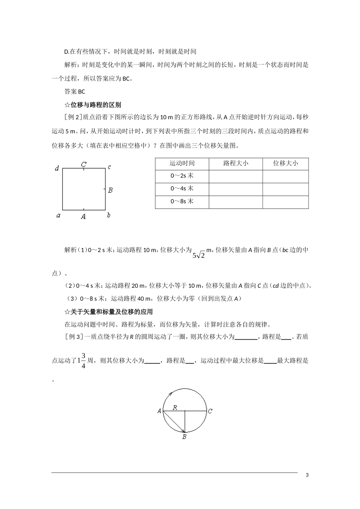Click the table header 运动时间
click(182, 163)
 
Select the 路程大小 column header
click(236, 163)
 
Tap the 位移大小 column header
click(285, 163)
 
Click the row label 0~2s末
click(182, 176)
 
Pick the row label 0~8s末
click(182, 201)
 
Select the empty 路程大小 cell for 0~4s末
click(236, 189)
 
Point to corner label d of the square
click(57, 168)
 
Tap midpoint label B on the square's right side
click(110, 190)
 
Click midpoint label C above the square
click(84, 164)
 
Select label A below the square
click(83, 217)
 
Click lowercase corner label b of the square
click(109, 215)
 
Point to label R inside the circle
click(175, 408)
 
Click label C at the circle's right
click(210, 411)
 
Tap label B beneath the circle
click(184, 437)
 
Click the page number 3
click(307, 475)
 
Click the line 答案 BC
click(75, 92)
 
